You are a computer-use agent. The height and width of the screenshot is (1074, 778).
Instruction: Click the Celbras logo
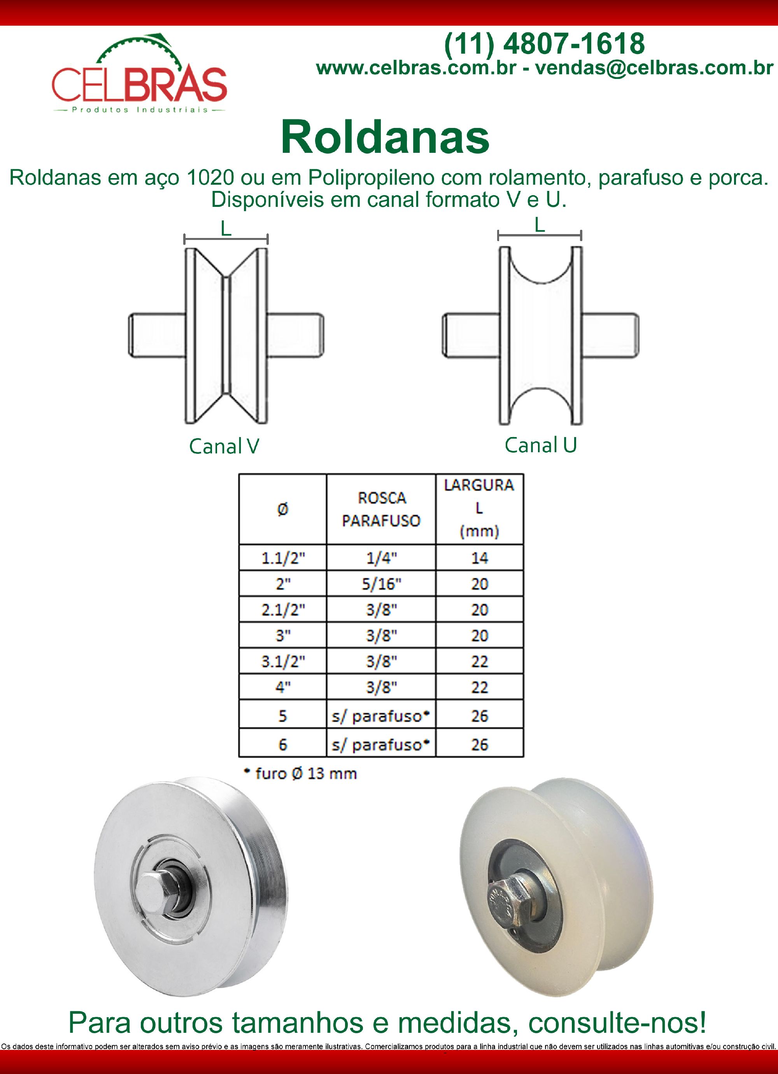click(139, 76)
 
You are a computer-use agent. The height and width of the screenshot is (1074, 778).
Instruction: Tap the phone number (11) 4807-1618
click(544, 44)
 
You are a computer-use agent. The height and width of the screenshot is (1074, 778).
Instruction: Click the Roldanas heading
click(385, 137)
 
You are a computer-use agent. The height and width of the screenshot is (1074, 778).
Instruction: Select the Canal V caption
click(224, 446)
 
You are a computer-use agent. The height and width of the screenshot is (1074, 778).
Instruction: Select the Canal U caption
click(540, 445)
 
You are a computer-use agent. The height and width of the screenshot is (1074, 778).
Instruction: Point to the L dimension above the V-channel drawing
click(226, 230)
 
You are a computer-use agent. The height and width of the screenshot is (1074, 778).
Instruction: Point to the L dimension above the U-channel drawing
click(539, 226)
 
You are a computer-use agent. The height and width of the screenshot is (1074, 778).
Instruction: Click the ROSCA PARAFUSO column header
click(381, 509)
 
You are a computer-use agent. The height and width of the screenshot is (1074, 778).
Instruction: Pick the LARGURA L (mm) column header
click(479, 508)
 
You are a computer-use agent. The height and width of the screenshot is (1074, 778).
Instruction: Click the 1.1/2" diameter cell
click(283, 558)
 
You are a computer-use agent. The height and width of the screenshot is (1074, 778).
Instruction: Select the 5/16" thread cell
click(381, 584)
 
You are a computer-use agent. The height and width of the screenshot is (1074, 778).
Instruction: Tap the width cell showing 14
click(479, 558)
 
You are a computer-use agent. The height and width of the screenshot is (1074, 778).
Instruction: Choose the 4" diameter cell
click(283, 687)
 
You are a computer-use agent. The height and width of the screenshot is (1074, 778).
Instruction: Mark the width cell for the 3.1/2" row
click(479, 661)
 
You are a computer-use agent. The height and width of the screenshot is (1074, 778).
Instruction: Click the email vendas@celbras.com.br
click(654, 68)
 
